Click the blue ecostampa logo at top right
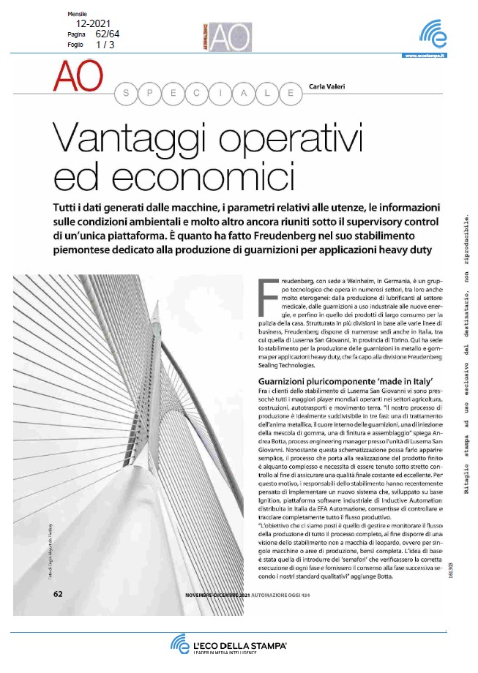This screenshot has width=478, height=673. pyautogui.click(x=432, y=34)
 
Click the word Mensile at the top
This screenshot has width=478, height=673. pyautogui.click(x=77, y=14)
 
